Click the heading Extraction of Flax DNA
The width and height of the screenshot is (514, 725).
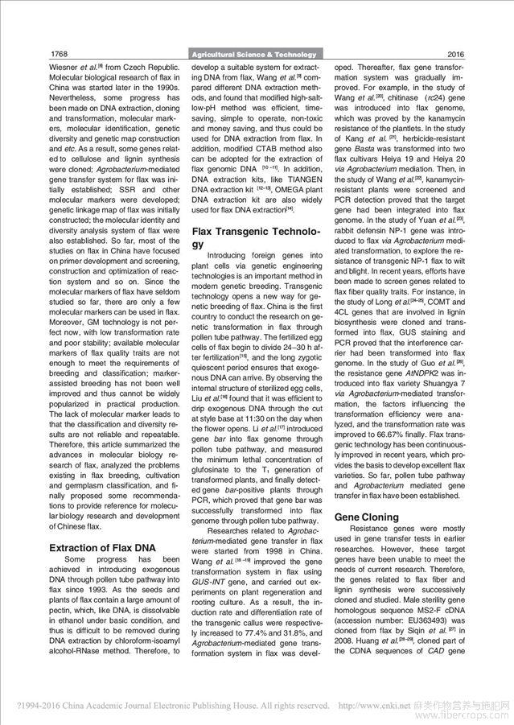(102, 548)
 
